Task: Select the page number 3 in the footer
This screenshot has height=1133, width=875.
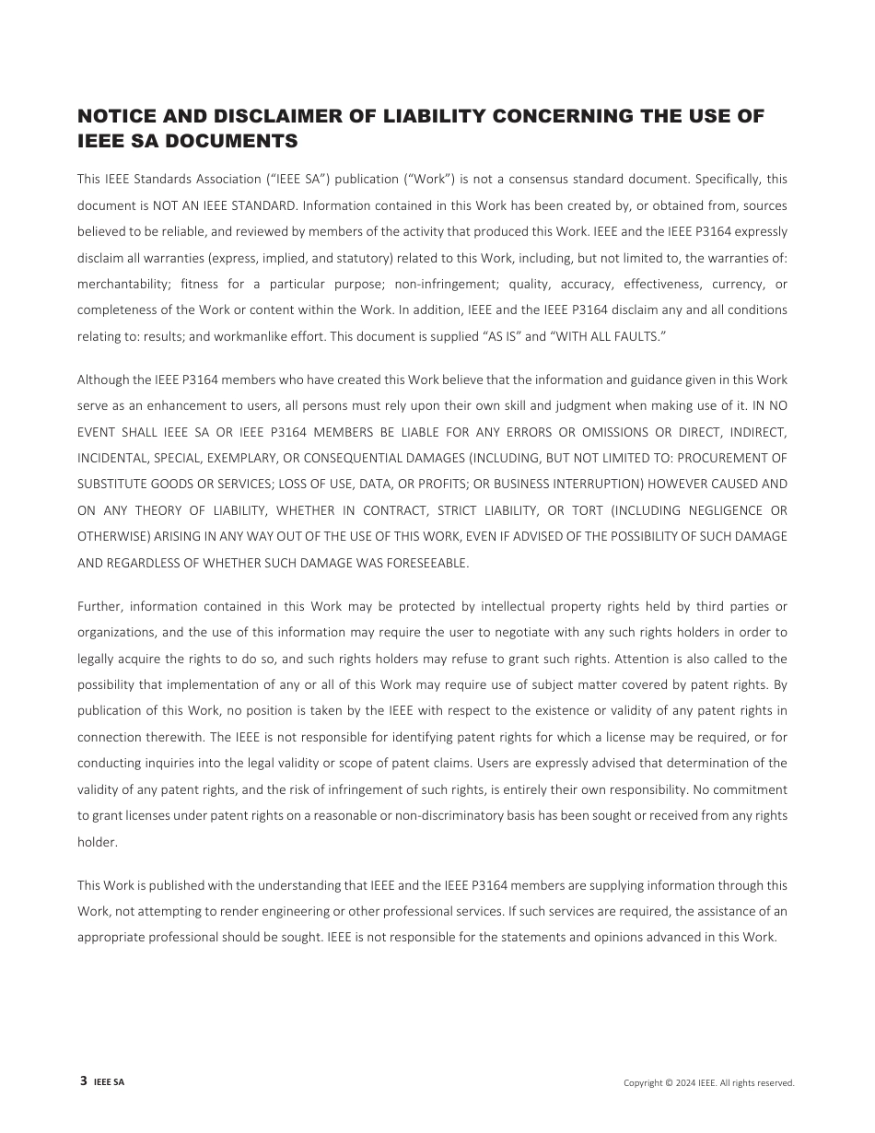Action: coord(84,1081)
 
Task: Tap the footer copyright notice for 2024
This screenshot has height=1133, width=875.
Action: coord(708,1083)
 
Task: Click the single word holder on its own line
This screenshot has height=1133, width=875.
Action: coord(97,842)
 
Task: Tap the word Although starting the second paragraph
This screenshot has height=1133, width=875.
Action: coord(102,380)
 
